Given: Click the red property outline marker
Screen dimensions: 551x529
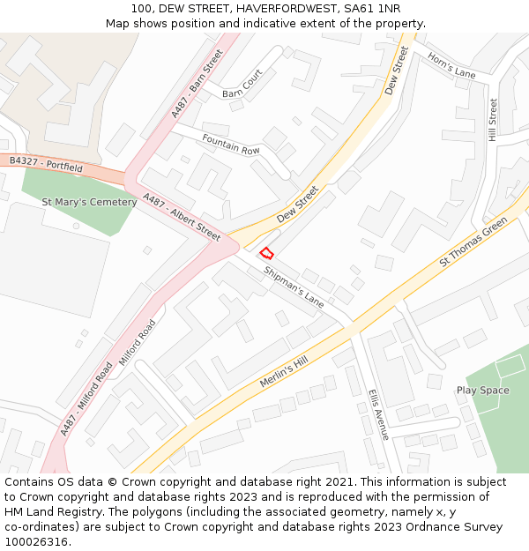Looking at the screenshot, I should point(266,252).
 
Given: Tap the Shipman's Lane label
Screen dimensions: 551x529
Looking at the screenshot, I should point(294,286).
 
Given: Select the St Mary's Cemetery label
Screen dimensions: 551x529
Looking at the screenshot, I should point(89,202).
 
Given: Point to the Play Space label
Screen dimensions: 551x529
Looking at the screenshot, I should point(482,390).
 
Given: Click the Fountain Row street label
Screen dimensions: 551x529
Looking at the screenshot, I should point(231,145).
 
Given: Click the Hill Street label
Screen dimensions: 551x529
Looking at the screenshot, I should point(493,120).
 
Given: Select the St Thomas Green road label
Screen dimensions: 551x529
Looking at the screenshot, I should point(473,241).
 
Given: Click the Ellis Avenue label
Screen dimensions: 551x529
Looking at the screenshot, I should point(377,414).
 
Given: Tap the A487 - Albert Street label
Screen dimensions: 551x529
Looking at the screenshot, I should point(181,217).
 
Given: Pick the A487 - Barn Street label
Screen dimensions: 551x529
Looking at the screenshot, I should point(197,84).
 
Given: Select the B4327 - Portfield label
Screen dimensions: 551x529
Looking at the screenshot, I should point(46,164).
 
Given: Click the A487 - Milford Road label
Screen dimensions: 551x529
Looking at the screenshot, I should point(85,398).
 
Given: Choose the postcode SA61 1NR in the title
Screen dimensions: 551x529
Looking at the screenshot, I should point(372,9).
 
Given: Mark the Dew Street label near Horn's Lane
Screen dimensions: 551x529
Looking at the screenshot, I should point(397,71).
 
